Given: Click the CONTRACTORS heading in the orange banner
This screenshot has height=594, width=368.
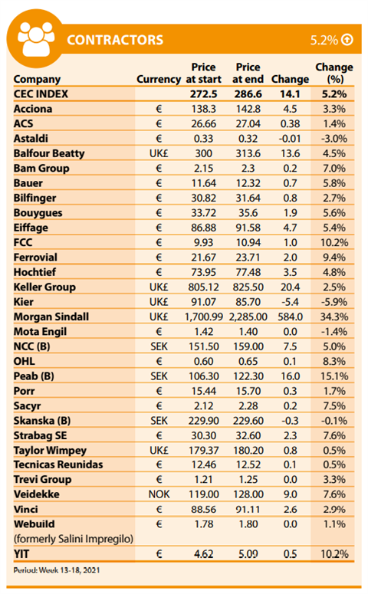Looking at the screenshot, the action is click(x=115, y=40).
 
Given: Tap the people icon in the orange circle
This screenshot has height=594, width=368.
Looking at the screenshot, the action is click(x=36, y=38).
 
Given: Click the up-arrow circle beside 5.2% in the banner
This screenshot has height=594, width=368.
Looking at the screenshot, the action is click(x=347, y=39).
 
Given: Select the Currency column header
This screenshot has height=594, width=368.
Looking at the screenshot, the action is click(x=159, y=79).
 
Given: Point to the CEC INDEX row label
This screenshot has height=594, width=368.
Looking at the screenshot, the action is click(x=41, y=94).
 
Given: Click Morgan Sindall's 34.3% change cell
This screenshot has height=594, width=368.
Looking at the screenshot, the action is click(x=334, y=317).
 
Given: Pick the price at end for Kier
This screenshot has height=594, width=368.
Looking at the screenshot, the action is click(x=248, y=302).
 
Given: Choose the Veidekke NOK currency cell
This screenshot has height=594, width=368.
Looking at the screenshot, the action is click(x=159, y=494).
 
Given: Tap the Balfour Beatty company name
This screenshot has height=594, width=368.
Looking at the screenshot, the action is click(x=49, y=153).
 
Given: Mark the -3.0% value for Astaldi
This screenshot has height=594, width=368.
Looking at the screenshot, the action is click(x=334, y=139).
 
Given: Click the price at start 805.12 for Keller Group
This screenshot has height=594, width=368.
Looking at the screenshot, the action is click(x=203, y=287).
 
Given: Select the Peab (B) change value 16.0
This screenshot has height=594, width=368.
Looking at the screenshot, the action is click(x=290, y=376).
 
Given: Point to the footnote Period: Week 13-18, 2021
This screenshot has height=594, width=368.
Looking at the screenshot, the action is click(x=57, y=570).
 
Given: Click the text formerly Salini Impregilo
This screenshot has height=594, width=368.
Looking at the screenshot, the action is click(x=74, y=539).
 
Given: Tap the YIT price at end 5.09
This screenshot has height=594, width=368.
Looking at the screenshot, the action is click(x=248, y=554).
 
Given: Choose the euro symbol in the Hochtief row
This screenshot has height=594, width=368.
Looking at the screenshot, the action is click(x=159, y=272).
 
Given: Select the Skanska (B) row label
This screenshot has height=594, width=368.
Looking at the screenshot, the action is click(x=42, y=421).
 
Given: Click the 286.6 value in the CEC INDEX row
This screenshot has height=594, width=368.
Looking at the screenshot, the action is click(x=248, y=94).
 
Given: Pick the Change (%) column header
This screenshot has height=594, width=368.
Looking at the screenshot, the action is click(x=334, y=73).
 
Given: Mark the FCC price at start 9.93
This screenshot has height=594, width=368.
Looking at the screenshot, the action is click(x=203, y=242).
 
